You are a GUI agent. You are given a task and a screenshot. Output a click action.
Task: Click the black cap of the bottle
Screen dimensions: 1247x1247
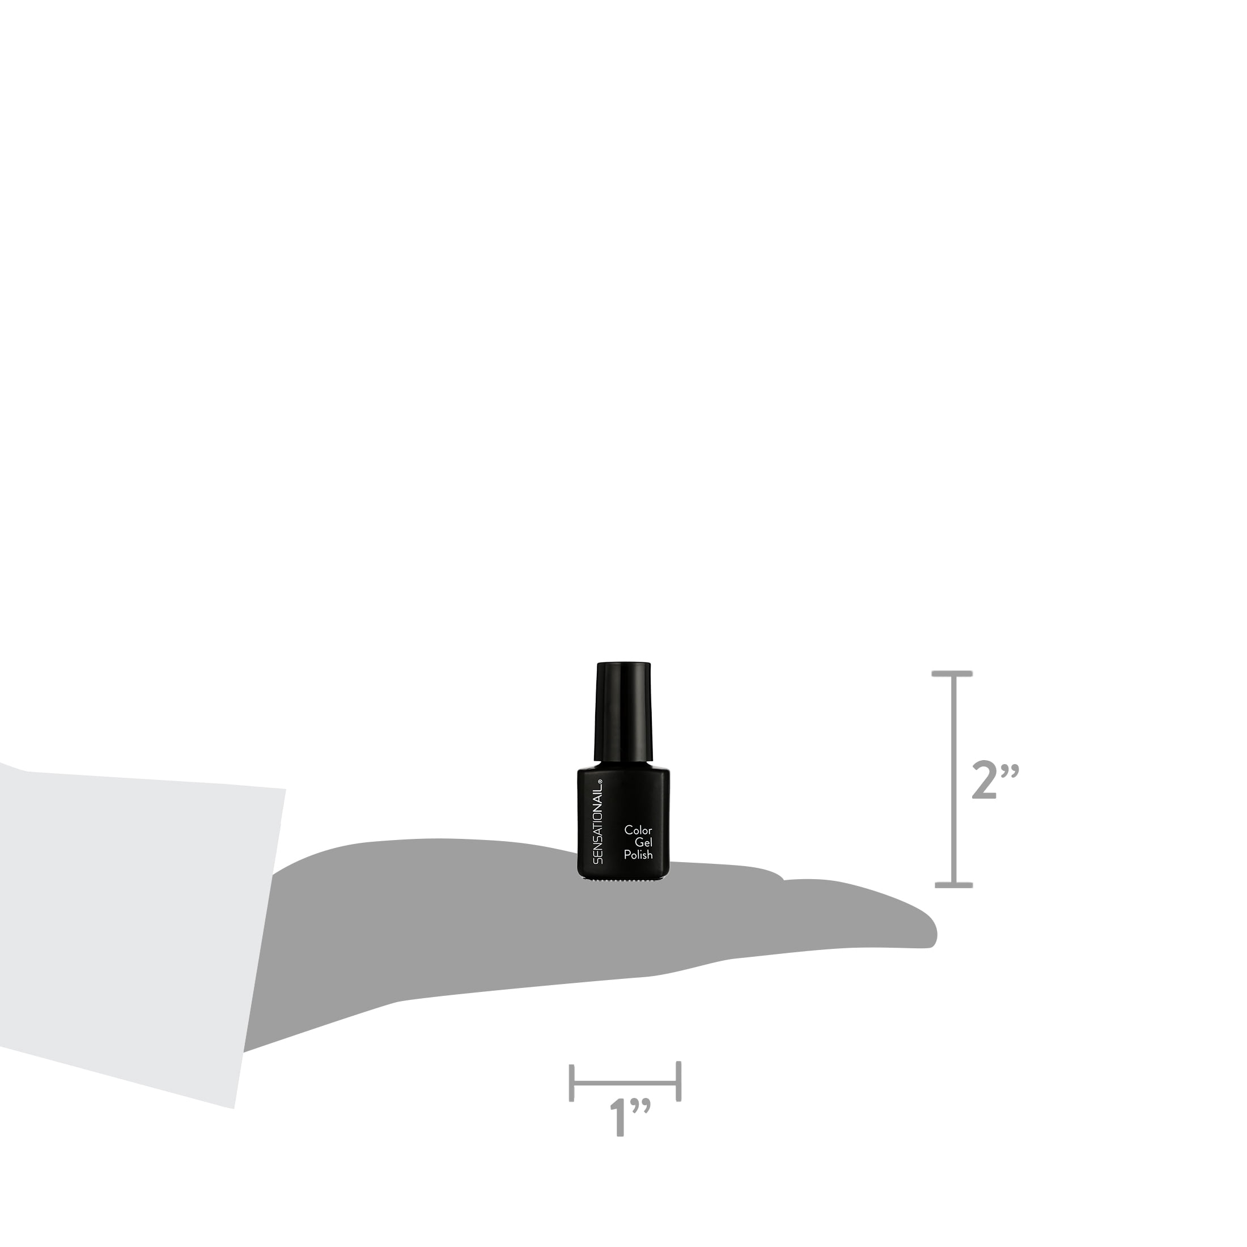623,711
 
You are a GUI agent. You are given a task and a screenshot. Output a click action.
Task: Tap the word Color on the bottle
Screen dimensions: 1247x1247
638,830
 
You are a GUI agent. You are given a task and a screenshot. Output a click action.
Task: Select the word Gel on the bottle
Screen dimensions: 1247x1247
643,843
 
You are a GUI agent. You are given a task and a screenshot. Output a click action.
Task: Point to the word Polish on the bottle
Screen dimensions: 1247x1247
638,855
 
